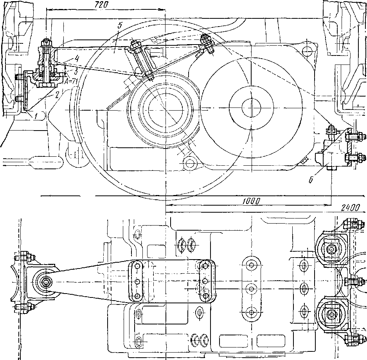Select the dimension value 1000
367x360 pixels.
click(251, 200)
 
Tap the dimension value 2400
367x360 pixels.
click(349, 208)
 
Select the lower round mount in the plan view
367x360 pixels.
click(332, 314)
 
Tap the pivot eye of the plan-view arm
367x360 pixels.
click(46, 281)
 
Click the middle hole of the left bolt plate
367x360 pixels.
click(137, 281)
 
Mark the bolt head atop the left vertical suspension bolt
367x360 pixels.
click(47, 42)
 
